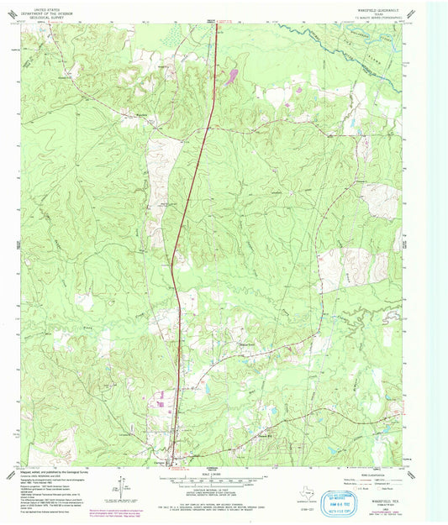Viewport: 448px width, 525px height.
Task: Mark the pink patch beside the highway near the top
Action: (229, 77)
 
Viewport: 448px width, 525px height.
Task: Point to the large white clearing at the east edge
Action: (381, 200)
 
